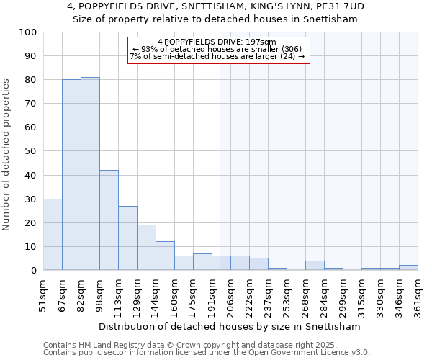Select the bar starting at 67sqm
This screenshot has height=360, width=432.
click(71, 175)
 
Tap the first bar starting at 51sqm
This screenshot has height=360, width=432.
click(53, 235)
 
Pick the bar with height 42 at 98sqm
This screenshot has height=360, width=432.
click(109, 220)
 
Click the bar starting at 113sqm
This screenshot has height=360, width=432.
click(127, 238)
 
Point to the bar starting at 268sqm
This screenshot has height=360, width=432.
click(315, 266)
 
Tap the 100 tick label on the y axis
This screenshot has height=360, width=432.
click(28, 32)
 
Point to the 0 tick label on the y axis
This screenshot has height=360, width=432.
click(34, 271)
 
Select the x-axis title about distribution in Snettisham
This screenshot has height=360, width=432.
click(230, 326)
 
